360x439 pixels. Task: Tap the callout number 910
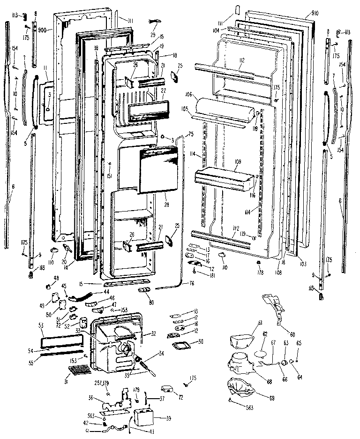[x=315, y=14]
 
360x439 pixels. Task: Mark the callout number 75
[x=190, y=135]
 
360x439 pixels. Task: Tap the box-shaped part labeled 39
[x=144, y=416]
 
